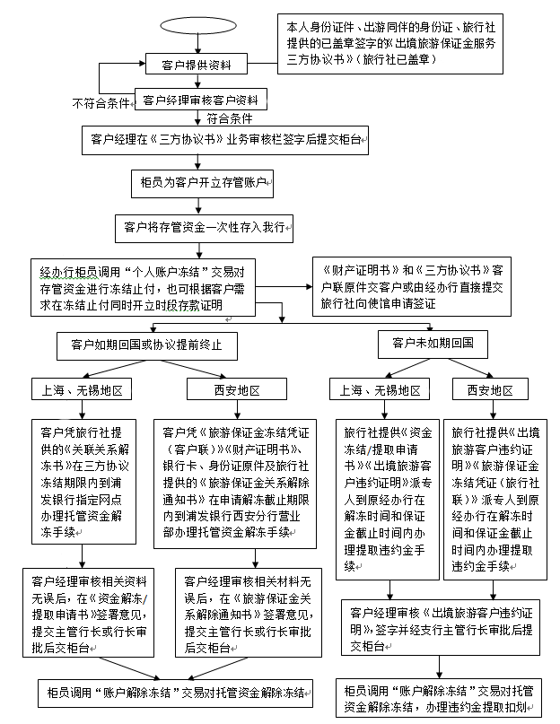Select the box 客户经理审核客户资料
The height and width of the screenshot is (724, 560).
coord(201,100)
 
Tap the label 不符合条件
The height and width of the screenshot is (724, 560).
coord(101,102)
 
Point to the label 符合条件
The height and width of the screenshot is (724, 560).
coord(229,118)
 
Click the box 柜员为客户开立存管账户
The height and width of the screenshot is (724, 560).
coord(201,183)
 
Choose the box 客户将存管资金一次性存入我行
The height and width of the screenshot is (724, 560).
coord(205,228)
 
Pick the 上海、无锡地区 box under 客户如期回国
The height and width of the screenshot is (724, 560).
coord(83,390)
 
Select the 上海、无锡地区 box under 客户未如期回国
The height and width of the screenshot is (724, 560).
coord(381,390)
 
